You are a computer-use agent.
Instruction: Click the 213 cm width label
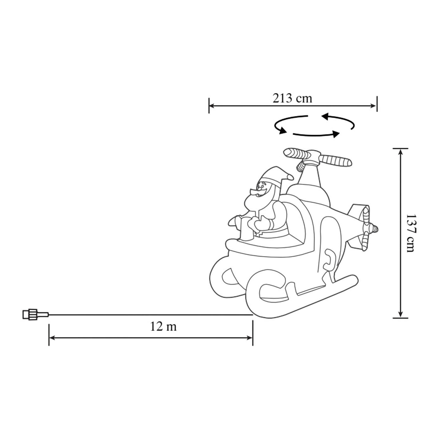(292, 98)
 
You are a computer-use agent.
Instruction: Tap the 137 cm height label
(411, 233)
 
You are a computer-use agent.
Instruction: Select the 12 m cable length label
(163, 327)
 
